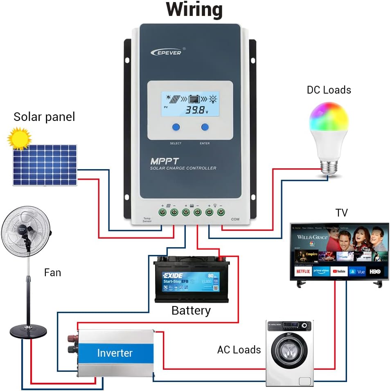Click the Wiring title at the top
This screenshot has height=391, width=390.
194,10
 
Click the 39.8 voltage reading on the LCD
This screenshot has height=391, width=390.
196,109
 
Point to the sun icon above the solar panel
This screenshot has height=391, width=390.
19,138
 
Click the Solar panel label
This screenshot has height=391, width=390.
44,117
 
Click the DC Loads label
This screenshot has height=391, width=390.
329,90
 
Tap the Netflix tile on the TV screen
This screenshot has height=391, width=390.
303,271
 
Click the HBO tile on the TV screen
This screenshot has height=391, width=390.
375,271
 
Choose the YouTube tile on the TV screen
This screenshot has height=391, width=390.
339,271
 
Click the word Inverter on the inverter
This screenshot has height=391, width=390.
115,353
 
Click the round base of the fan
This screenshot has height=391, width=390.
28,331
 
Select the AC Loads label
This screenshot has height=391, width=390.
239,350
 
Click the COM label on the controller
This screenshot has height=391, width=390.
235,219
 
